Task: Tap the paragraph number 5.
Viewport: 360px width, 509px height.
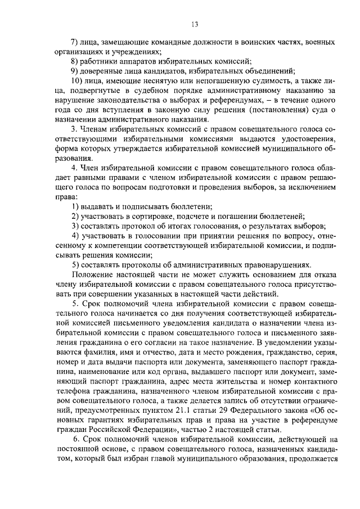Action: [x=73, y=303]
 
